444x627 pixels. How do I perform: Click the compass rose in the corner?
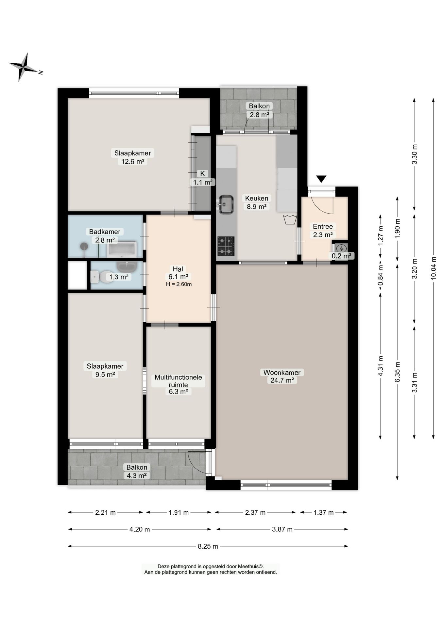coord(23,67)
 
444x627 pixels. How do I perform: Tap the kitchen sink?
coord(225,204)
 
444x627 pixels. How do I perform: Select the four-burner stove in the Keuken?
coord(226,246)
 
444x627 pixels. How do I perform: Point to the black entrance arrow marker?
coord(321,179)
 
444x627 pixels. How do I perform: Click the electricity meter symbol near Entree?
coord(341,249)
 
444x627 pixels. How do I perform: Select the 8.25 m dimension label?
coord(208,546)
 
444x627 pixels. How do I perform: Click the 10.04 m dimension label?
coord(434,268)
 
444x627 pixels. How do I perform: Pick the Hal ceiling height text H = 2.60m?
coord(179,284)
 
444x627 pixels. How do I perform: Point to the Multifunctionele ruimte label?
coord(178,381)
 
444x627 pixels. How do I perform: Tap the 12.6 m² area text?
coord(133,161)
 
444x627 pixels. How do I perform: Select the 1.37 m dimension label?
coord(324,512)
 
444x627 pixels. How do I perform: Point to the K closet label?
coord(202,174)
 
